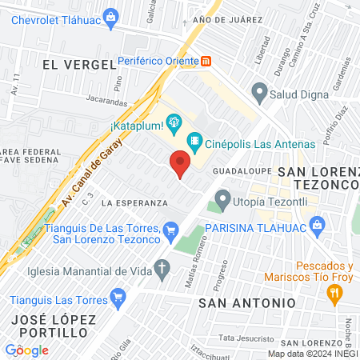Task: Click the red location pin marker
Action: [x=180, y=164]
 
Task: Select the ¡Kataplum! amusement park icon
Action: [x=170, y=122]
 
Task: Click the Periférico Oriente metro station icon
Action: [x=206, y=60]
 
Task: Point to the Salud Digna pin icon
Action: [x=258, y=94]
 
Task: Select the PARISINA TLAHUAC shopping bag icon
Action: [x=318, y=226]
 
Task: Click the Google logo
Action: [x=26, y=350]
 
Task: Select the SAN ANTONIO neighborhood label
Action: [x=246, y=303]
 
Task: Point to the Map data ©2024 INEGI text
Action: [x=313, y=353]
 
